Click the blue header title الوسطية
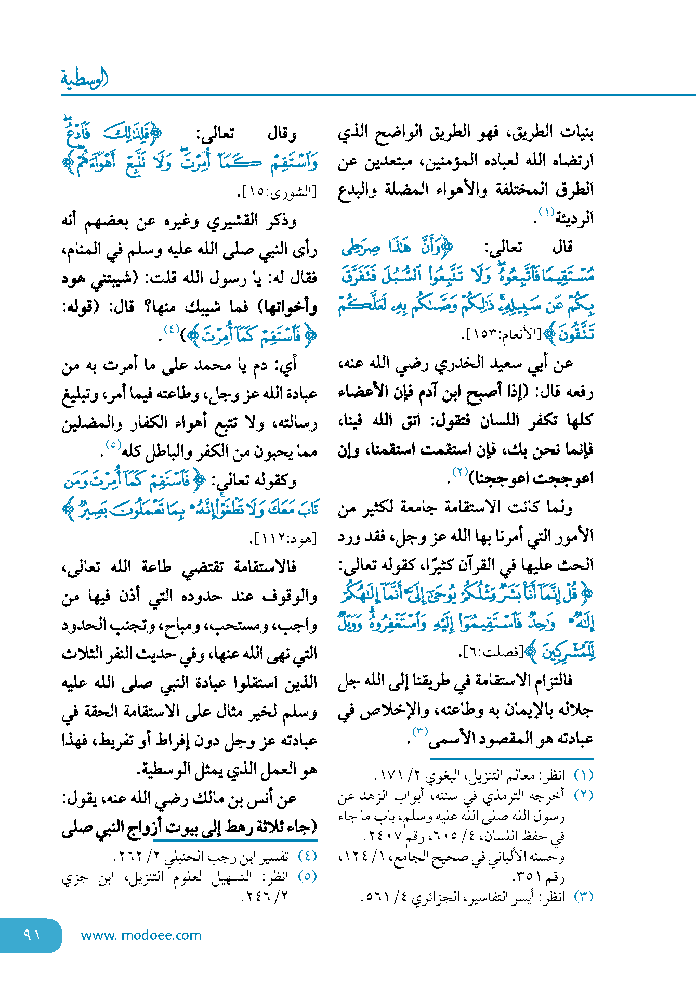(x=85, y=79)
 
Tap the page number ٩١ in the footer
(x=32, y=935)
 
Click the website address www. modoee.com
(x=141, y=935)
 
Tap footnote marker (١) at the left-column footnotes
(x=584, y=775)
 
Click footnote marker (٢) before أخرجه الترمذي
(x=584, y=796)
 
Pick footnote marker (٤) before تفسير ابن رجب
(x=308, y=856)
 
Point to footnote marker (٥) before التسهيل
(x=308, y=876)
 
